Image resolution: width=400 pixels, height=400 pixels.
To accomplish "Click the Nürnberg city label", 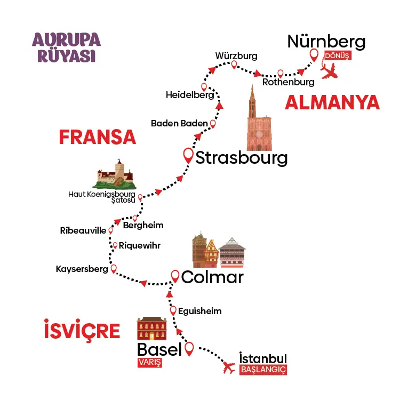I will click(326, 42).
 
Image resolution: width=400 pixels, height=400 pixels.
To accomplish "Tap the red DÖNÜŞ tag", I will click(337, 56).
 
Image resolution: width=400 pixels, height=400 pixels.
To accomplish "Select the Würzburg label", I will click(236, 56).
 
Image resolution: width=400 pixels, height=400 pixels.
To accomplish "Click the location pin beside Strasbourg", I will click(188, 155).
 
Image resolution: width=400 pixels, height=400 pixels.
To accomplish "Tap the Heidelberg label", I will click(190, 95).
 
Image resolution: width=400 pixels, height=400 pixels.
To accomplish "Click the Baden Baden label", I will click(179, 123).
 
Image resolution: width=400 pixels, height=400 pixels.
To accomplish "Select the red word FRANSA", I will click(97, 137).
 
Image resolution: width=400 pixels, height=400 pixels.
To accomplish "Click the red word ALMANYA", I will click(332, 102).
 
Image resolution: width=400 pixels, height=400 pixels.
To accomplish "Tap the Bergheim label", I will click(143, 225).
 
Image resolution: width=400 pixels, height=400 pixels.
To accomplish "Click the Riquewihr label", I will click(139, 246).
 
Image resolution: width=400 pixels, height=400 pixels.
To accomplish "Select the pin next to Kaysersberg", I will click(113, 269).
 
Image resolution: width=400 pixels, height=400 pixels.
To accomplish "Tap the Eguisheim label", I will click(201, 311).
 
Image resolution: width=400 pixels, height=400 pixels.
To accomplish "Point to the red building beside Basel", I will click(152, 329).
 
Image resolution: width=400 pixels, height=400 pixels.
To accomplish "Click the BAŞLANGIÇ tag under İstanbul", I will click(263, 370).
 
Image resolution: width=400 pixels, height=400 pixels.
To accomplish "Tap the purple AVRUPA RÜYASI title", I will click(67, 47).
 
